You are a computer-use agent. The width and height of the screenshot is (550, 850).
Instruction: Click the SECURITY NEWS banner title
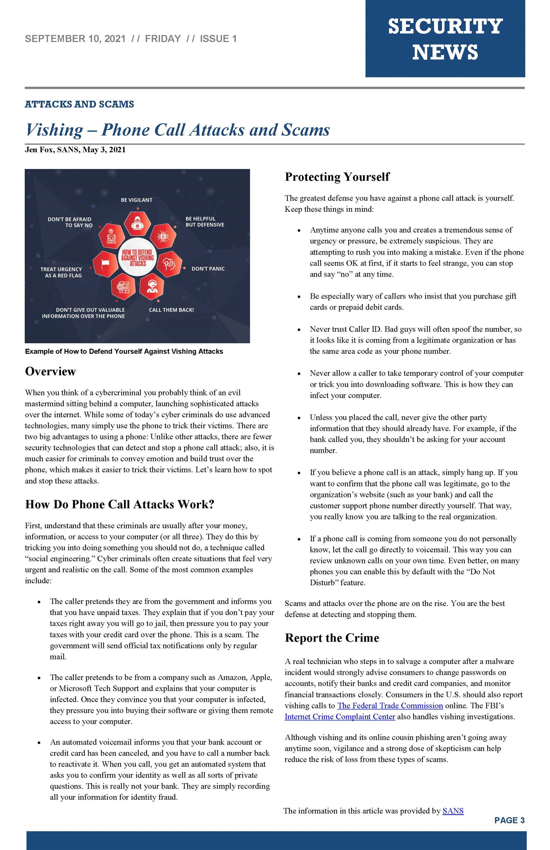445,39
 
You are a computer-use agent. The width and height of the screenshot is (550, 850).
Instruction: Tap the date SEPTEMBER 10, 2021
75,39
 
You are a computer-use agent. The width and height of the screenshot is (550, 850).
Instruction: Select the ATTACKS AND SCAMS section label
79,104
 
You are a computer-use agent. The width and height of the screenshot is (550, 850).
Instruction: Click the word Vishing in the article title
54,130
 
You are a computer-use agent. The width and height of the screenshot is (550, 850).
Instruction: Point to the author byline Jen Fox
40,150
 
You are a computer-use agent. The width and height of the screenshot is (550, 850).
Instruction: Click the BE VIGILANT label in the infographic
136,200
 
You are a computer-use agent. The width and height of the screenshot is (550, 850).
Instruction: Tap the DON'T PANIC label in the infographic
208,268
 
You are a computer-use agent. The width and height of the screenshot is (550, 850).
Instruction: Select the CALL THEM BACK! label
171,310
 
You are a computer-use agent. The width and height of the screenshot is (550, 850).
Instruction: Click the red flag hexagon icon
106,263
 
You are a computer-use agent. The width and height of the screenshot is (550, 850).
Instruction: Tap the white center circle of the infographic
137,258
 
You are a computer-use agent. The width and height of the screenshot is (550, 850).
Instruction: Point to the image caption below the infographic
124,351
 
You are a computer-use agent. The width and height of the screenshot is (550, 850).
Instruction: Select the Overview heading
50,371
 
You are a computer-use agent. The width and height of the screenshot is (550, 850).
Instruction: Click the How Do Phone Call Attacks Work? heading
120,504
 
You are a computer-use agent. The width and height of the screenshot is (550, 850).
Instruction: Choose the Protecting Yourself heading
337,177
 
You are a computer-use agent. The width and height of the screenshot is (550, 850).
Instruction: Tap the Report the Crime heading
332,637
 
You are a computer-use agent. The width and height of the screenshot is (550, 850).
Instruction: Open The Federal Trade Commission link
390,705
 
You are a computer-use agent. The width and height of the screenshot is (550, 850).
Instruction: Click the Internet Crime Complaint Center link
340,717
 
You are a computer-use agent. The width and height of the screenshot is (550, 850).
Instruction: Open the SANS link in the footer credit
453,811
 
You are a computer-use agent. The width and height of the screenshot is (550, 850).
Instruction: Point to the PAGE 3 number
509,820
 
